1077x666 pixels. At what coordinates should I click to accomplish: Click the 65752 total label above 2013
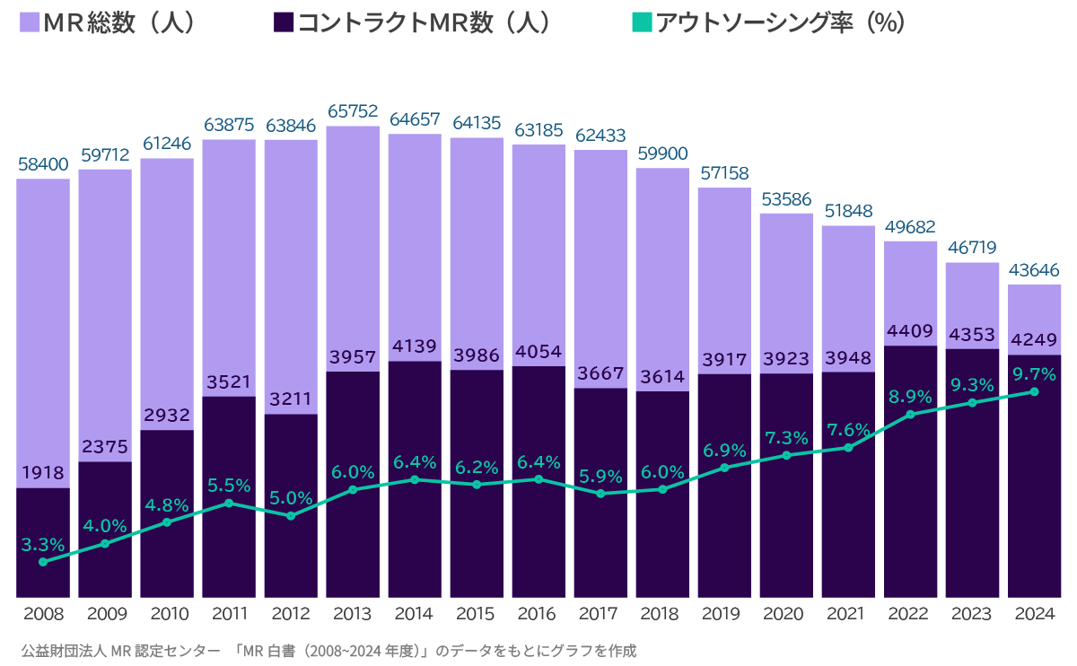click(353, 111)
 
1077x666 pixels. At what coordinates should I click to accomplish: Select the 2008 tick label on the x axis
click(43, 615)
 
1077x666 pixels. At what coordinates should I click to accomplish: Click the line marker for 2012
click(291, 516)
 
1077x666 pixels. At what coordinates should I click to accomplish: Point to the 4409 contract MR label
click(911, 330)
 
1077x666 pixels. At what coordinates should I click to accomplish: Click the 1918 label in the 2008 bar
click(43, 472)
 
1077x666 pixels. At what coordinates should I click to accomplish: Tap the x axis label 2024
click(1035, 615)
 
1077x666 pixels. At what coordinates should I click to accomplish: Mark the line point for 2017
click(600, 494)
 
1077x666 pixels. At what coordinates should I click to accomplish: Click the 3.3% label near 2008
click(43, 544)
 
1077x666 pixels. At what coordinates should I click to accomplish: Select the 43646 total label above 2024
click(1035, 269)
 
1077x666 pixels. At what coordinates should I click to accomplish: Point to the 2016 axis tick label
click(538, 615)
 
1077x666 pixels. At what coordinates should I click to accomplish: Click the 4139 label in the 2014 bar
click(415, 346)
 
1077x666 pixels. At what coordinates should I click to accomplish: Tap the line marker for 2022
click(911, 415)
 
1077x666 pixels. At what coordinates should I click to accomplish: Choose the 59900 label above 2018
click(662, 153)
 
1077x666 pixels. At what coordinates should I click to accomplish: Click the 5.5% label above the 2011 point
click(229, 486)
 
